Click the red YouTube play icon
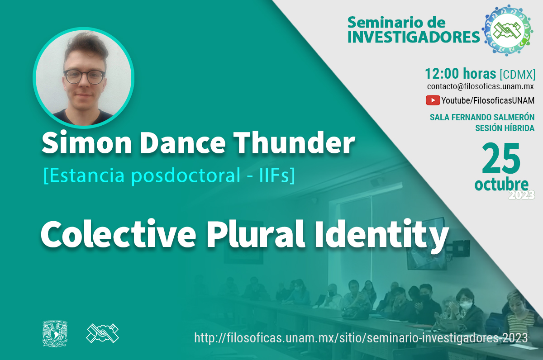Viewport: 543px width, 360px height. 433,100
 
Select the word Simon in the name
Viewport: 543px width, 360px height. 87,143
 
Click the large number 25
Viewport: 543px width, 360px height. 501,158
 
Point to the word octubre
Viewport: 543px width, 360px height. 501,185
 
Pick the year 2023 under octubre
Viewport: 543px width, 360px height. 522,195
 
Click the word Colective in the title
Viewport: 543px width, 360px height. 118,234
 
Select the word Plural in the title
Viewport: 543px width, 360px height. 256,234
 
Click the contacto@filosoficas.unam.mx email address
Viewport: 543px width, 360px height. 481,86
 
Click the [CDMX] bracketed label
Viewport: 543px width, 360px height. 518,74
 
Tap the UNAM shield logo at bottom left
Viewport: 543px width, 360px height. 55,334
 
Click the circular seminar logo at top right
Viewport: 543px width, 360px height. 507,30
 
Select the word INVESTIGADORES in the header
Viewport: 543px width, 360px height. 414,37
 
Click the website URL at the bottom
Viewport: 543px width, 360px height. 361,338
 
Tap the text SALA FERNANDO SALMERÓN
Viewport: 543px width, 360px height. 482,117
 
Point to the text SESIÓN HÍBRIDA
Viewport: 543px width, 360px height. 505,128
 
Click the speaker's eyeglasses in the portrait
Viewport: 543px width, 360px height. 84,77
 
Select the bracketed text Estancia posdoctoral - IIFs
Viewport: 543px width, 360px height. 169,175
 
